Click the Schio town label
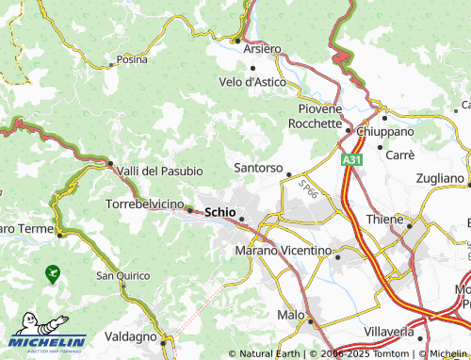click(x=219, y=212)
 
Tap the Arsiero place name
click(x=261, y=48)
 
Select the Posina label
click(x=132, y=59)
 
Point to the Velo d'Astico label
click(x=252, y=82)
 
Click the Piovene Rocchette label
click(x=315, y=116)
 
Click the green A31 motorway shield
click(x=350, y=161)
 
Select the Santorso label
click(x=257, y=168)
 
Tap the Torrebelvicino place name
click(x=143, y=203)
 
